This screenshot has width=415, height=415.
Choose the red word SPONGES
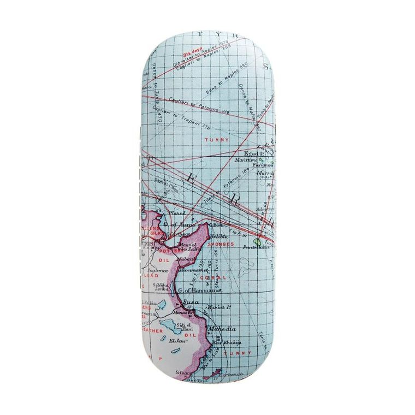(221, 245)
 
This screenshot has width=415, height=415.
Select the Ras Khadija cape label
(230, 342)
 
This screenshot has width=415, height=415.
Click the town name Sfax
(182, 372)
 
